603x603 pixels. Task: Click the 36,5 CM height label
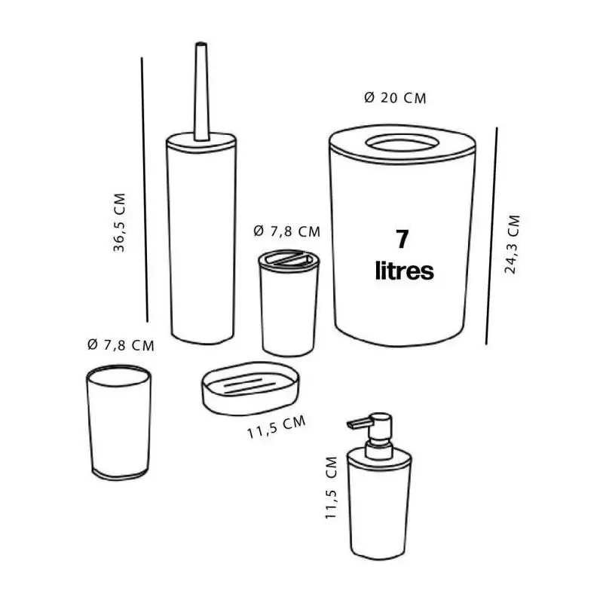(120, 222)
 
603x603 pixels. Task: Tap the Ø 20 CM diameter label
(395, 98)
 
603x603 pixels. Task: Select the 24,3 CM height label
(512, 244)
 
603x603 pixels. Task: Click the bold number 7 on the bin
(402, 239)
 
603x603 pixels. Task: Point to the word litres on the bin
(405, 271)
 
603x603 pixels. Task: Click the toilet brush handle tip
(201, 44)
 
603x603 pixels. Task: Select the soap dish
(250, 387)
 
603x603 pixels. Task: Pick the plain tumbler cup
(119, 423)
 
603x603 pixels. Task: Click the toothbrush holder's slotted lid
(289, 259)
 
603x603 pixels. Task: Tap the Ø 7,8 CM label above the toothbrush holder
(287, 231)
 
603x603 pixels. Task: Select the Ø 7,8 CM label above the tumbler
(121, 345)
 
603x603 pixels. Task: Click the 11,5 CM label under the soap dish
(277, 427)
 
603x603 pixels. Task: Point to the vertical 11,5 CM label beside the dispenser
(331, 488)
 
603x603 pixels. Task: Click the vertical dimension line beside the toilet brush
(145, 190)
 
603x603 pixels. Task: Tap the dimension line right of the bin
(491, 236)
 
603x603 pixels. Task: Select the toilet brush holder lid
(201, 140)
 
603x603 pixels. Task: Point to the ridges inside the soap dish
(249, 385)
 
